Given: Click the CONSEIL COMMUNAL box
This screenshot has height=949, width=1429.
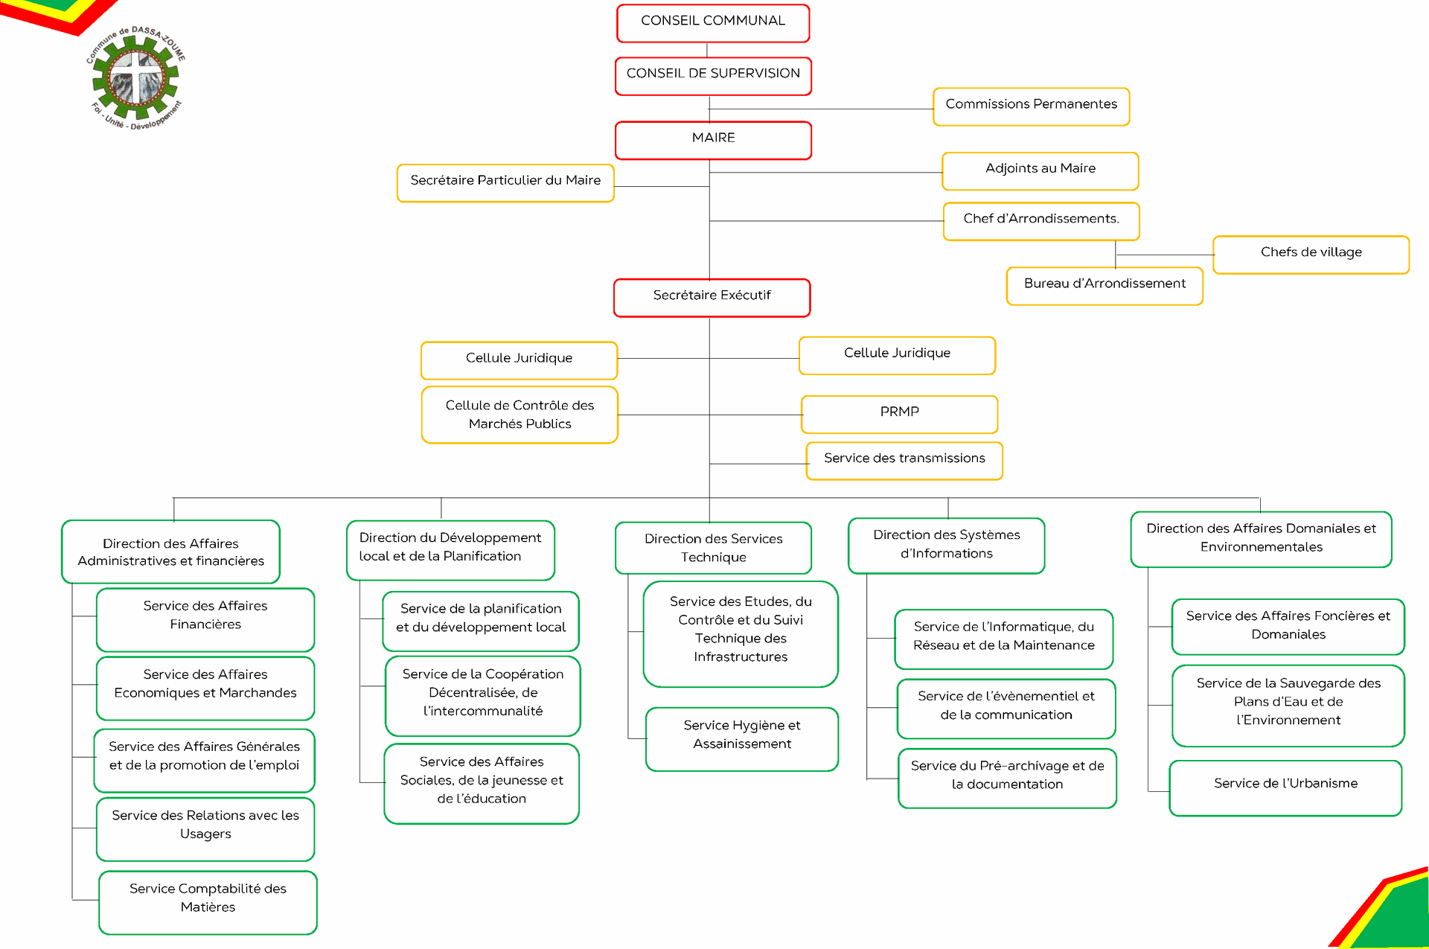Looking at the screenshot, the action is pos(713,23).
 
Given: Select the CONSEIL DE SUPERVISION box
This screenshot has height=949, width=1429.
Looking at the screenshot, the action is pos(713,76).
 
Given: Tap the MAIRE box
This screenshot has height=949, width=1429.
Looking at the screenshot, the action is pos(713,140).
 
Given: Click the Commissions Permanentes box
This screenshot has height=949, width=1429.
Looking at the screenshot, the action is pos(1032,106).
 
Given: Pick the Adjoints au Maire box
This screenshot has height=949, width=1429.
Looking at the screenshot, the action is pos(1040,171).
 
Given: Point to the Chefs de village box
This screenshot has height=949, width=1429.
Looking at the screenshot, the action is pos(1311,255).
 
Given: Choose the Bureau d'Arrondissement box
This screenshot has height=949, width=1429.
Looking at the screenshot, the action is pos(1104,286).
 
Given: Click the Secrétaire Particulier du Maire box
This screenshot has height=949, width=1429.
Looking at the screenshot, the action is pos(505,183).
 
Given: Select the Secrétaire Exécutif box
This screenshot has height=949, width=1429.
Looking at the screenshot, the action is pos(712,298).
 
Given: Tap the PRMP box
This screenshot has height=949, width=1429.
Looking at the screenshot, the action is pos(899,415).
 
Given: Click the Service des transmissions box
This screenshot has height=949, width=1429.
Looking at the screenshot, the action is pos(904,461).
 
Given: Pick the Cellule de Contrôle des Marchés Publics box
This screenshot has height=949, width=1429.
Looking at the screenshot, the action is pos(520,415).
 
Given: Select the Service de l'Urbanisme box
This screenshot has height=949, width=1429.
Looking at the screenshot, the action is pos(1285,788).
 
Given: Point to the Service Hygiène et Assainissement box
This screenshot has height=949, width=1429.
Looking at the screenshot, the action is pos(742,739).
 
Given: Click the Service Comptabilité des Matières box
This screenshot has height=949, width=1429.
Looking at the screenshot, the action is pos(208,902).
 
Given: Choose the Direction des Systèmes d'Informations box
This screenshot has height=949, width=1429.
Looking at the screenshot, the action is pos(947,546).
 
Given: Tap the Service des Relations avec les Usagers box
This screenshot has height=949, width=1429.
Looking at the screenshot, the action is pos(205,829).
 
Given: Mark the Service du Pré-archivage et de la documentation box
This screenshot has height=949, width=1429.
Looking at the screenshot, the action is pos(1007,778).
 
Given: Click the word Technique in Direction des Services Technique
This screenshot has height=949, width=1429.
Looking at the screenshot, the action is pos(713,557).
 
